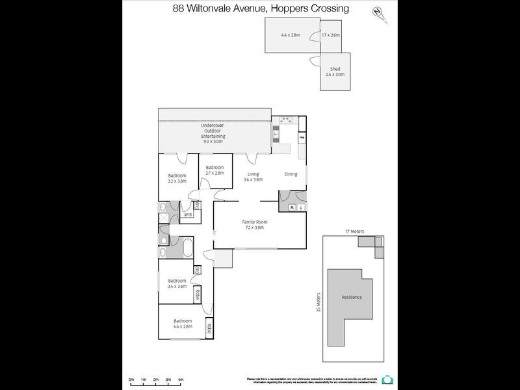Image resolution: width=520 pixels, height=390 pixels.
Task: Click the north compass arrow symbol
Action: [378, 14]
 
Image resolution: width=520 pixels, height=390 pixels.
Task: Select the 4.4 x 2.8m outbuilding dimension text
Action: [290, 34]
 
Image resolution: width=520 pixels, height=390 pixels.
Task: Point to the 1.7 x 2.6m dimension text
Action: [331, 34]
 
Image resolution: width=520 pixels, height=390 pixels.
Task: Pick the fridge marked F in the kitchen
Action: [302, 138]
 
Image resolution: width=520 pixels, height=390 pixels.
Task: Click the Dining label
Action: [291, 174]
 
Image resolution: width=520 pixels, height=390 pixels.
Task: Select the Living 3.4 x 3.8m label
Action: [253, 176]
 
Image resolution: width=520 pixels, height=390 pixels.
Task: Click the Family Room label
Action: [255, 224]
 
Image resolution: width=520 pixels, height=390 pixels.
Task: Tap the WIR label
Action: [187, 214]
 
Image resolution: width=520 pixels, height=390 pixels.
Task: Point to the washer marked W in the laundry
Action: [292, 207]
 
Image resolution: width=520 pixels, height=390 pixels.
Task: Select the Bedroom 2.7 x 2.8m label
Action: [214, 170]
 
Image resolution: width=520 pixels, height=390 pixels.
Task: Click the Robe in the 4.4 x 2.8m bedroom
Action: [209, 329]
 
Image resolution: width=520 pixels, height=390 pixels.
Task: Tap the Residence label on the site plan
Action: [352, 297]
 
